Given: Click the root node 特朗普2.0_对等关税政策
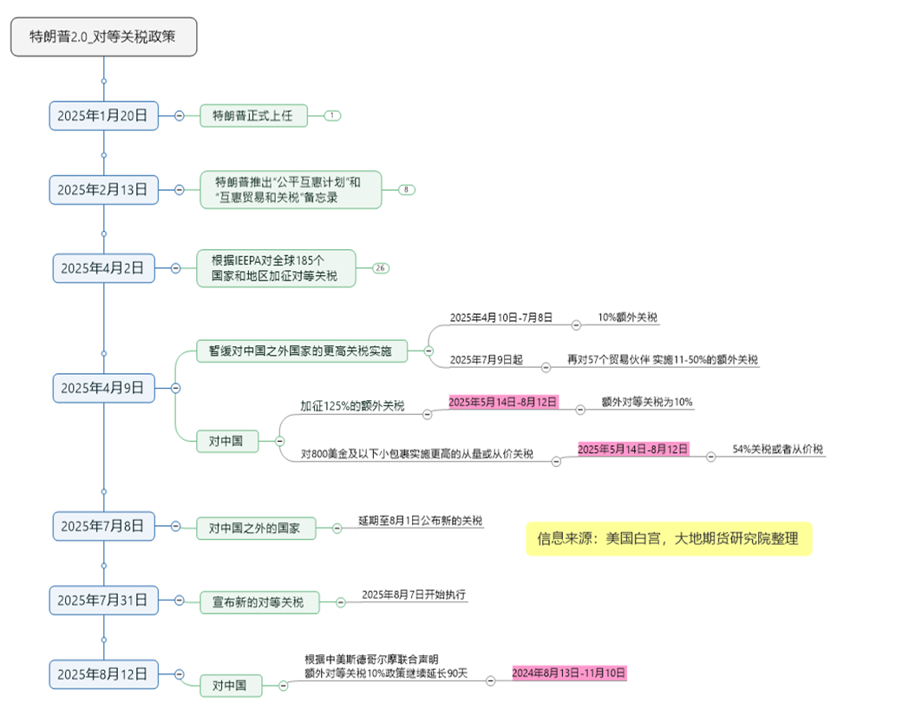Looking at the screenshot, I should tap(104, 36).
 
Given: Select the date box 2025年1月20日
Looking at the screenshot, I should tap(103, 115).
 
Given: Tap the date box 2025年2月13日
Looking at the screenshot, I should tap(103, 189).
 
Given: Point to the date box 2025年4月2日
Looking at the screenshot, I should tap(102, 268).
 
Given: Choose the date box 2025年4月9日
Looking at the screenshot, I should tap(102, 387).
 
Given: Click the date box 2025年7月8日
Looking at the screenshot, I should tap(102, 525).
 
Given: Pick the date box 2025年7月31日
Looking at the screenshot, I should tap(103, 600).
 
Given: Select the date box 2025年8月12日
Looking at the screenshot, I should tap(103, 673).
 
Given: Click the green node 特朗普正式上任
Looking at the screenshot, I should tap(253, 115).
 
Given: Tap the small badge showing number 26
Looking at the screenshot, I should tap(380, 268).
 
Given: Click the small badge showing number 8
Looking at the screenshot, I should tap(407, 189).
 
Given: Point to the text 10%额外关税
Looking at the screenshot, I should tap(628, 318).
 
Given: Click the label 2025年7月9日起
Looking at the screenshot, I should tap(487, 359).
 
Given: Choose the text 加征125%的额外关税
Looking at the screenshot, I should tap(352, 405).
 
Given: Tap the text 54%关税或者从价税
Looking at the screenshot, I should tap(777, 450).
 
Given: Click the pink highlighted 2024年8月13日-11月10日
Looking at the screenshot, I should tap(568, 673).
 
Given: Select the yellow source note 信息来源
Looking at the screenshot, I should tap(668, 539).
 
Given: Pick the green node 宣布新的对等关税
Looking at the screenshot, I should tap(258, 601).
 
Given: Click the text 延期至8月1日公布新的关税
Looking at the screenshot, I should tap(420, 521).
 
